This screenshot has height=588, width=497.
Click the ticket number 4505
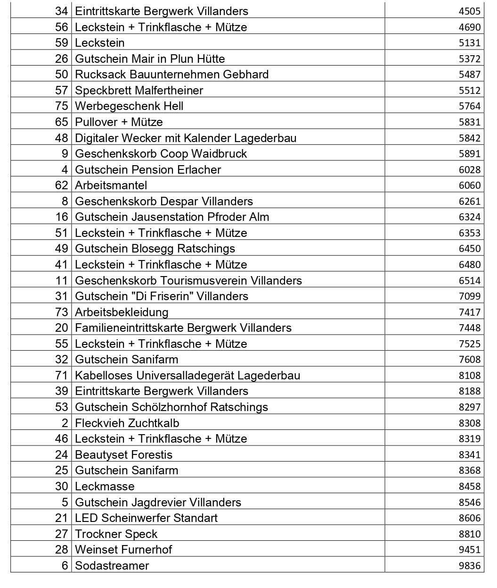(470, 11)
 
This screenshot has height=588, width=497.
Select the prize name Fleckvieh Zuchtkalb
(127, 423)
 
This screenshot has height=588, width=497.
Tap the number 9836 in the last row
(470, 566)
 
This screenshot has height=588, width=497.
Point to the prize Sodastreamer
(112, 566)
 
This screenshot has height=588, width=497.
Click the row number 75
(62, 106)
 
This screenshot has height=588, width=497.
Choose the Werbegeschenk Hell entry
(129, 106)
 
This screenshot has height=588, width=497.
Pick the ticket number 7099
(470, 296)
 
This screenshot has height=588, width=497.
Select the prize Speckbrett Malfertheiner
(139, 90)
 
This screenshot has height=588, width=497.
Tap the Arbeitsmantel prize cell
(111, 185)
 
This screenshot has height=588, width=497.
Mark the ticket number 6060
(470, 185)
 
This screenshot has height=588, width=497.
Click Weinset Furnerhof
(123, 550)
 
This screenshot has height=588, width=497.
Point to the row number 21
(62, 518)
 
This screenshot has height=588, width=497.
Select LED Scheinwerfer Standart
(146, 518)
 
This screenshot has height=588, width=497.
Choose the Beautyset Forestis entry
(124, 455)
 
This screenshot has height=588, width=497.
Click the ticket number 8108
(470, 376)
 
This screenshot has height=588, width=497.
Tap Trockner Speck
(116, 534)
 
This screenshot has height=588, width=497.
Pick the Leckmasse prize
(105, 487)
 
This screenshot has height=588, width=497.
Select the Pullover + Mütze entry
(119, 122)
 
